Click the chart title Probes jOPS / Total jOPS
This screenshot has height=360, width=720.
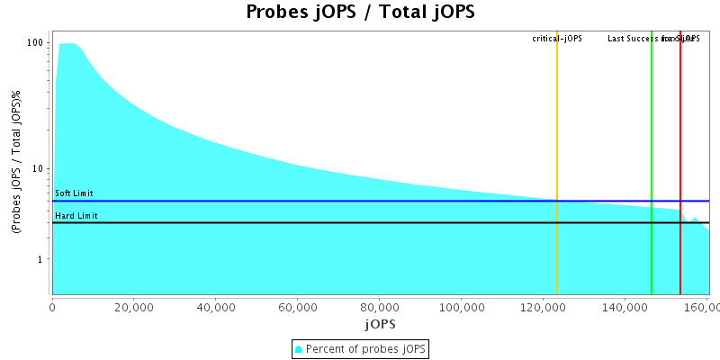[360, 13]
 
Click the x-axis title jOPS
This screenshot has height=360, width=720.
[380, 323]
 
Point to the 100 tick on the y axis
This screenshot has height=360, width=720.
[36, 43]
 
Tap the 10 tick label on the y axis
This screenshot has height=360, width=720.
[39, 168]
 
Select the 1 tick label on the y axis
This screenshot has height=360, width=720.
[41, 259]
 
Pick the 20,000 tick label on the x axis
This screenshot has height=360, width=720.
[134, 306]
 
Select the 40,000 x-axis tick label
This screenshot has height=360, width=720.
[216, 306]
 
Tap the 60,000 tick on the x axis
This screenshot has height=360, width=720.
[298, 306]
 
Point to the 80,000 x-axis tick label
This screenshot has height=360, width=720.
[380, 306]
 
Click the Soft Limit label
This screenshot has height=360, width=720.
[74, 193]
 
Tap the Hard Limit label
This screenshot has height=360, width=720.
[76, 216]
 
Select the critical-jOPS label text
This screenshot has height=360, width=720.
[557, 39]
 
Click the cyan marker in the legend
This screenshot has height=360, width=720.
[299, 349]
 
